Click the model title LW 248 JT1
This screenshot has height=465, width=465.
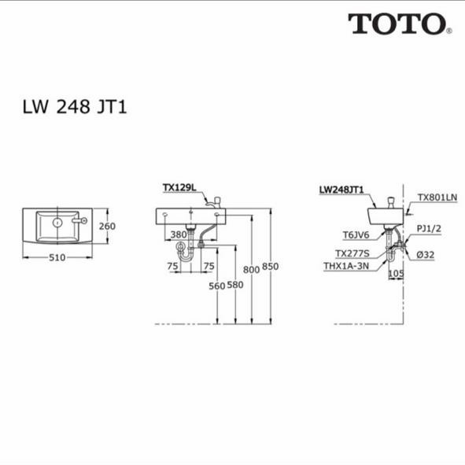(74, 107)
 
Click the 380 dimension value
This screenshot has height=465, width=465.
(179, 234)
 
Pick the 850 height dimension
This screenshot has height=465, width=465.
(270, 268)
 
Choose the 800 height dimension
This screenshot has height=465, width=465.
(251, 271)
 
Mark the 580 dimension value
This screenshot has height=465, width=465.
(234, 285)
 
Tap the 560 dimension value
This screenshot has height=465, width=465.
(216, 285)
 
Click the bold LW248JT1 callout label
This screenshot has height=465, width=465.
(341, 190)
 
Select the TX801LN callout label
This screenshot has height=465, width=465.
(437, 198)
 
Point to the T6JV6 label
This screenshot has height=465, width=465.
(356, 234)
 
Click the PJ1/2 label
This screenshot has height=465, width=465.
(428, 228)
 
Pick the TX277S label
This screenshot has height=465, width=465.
(351, 253)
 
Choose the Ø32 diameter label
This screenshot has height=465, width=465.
(426, 254)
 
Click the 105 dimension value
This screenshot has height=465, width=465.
(396, 274)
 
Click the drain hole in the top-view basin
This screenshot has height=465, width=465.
(57, 223)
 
